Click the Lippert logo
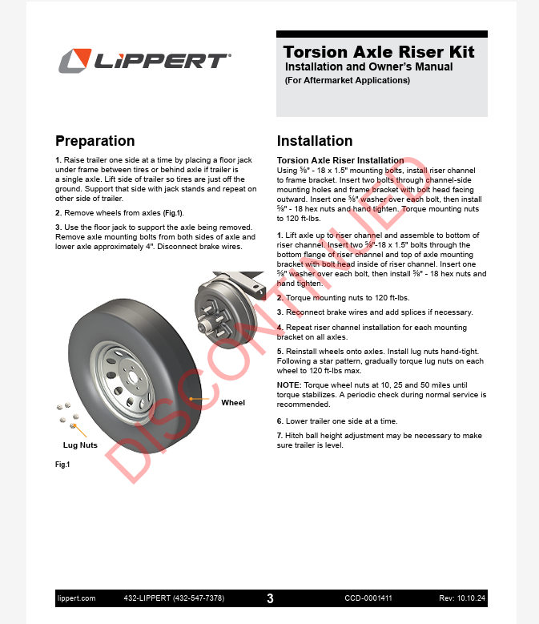(x=144, y=61)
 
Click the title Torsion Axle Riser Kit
(x=379, y=52)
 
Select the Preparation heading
(x=95, y=141)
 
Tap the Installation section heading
(x=314, y=141)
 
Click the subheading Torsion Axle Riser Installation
(x=340, y=160)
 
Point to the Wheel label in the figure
(x=233, y=402)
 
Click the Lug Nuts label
(x=80, y=445)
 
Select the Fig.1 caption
(x=62, y=465)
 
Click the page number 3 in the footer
(x=270, y=598)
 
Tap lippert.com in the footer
(x=76, y=598)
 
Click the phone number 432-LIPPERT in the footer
(x=174, y=598)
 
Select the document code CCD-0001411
(x=368, y=598)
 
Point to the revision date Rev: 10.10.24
(x=463, y=598)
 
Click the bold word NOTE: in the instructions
(x=289, y=385)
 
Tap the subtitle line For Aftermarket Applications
(x=347, y=80)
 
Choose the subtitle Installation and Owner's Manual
(x=368, y=67)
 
